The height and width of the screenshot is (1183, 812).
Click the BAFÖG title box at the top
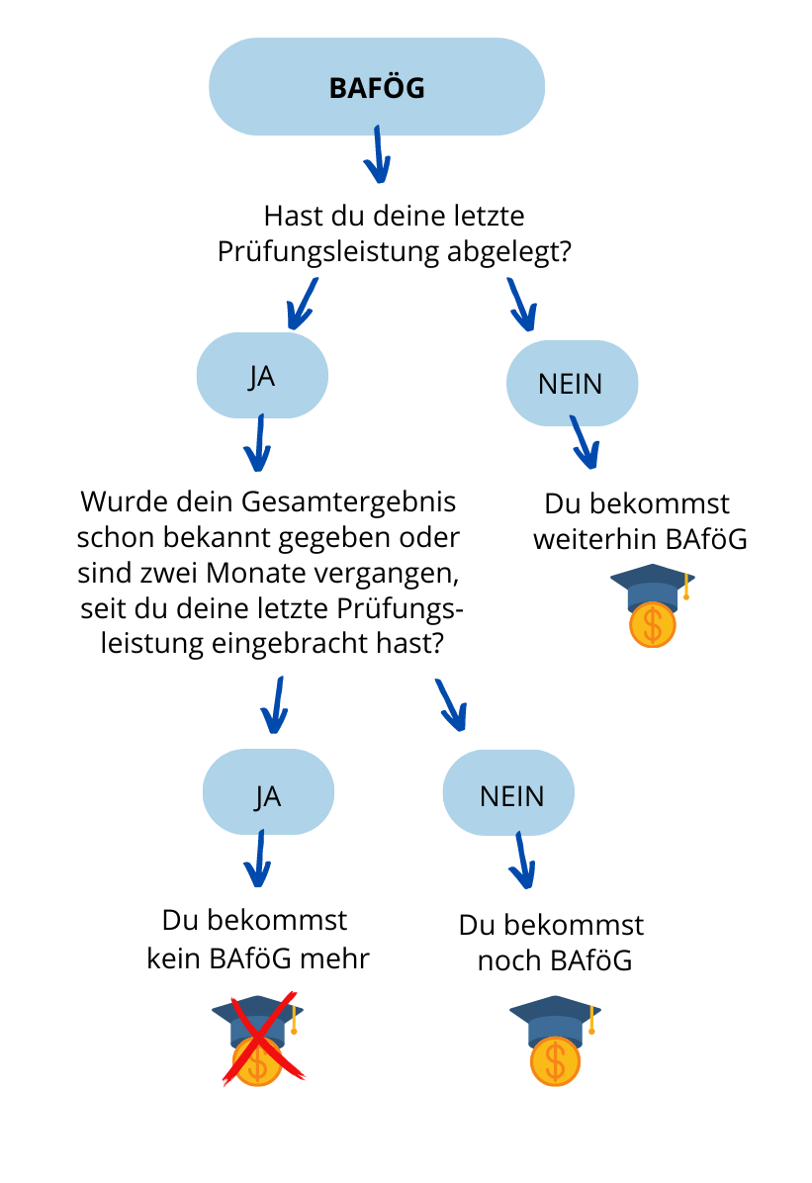[377, 87]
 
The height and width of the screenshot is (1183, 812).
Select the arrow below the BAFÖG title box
[378, 154]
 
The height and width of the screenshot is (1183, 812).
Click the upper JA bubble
[262, 376]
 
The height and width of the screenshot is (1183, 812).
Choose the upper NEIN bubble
[572, 383]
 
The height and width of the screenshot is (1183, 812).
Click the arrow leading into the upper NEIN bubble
[521, 305]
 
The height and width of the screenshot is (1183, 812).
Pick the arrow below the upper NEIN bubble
[585, 442]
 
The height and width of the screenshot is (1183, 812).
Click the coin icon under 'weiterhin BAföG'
[653, 625]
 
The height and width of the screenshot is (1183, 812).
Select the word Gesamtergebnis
[349, 502]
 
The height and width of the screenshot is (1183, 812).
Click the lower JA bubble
[268, 792]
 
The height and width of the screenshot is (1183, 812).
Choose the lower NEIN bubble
[508, 793]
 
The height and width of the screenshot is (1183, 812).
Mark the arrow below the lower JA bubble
[258, 859]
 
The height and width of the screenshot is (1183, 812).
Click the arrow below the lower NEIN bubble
[522, 861]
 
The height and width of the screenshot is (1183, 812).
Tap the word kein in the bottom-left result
[173, 958]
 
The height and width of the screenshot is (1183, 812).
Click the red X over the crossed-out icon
[263, 1039]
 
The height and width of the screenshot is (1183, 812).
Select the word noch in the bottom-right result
[509, 961]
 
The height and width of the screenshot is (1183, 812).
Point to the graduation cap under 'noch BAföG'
[556, 1021]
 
